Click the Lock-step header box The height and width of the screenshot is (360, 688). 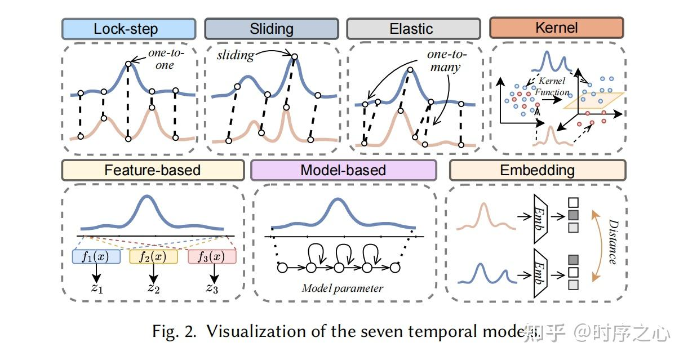click(128, 29)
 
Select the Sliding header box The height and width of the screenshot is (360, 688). click(272, 29)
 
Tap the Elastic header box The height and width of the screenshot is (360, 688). click(411, 29)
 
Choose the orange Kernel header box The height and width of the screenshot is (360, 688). click(557, 28)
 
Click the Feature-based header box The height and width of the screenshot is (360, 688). click(153, 170)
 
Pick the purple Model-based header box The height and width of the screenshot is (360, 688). click(343, 170)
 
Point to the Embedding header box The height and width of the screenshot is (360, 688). click(538, 170)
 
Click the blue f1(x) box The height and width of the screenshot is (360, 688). click(96, 257)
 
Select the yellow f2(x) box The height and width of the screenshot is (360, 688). click(153, 257)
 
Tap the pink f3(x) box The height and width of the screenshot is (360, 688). click(212, 257)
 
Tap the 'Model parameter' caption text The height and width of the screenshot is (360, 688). click(343, 288)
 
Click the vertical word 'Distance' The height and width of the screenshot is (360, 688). click(611, 242)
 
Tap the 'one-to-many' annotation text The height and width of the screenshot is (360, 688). click(444, 61)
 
